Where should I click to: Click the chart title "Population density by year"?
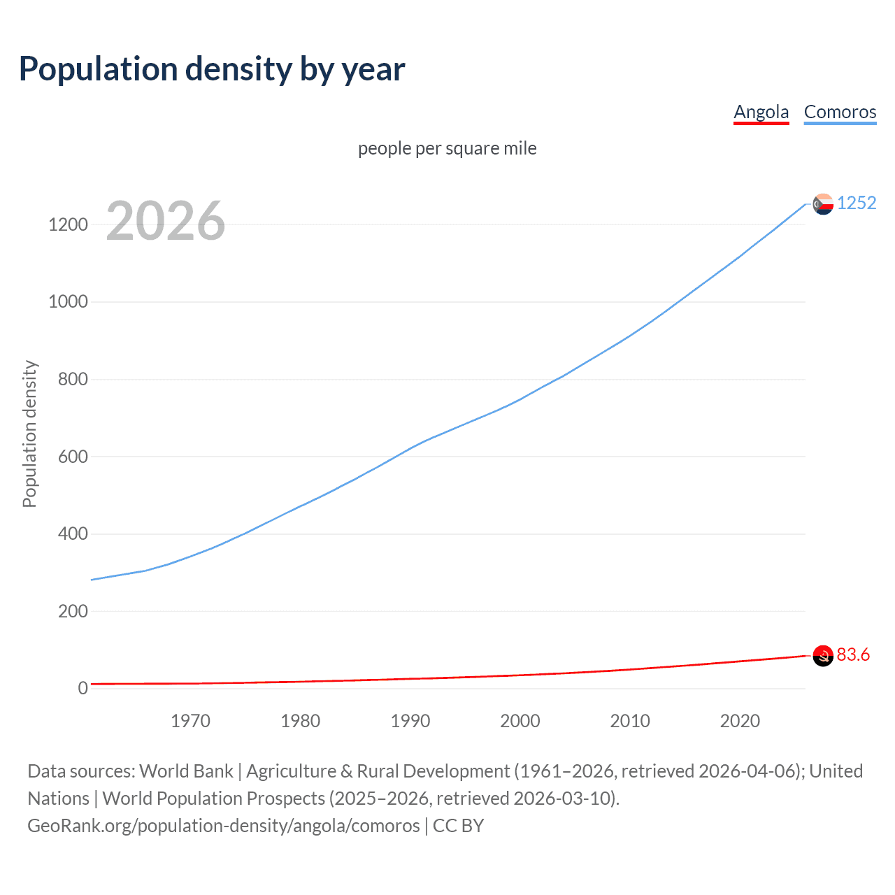click(x=212, y=69)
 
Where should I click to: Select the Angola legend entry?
click(x=761, y=112)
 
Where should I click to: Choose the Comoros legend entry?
click(x=840, y=112)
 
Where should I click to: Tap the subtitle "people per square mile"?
click(x=447, y=148)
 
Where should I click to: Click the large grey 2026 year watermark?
click(x=166, y=221)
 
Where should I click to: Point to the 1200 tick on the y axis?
click(x=68, y=224)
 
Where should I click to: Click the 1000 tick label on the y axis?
click(x=68, y=302)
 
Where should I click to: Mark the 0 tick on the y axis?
click(x=83, y=688)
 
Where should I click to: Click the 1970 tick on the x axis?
click(x=190, y=721)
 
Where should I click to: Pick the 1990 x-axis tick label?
click(x=410, y=721)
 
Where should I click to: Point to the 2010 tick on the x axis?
click(x=630, y=721)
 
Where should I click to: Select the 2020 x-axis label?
click(x=740, y=721)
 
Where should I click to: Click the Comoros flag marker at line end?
click(x=823, y=203)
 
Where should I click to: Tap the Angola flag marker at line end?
click(x=823, y=656)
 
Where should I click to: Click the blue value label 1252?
click(x=857, y=203)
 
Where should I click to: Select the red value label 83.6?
click(x=853, y=654)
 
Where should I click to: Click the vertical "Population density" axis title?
click(x=29, y=434)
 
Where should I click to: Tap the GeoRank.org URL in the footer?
click(x=224, y=826)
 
